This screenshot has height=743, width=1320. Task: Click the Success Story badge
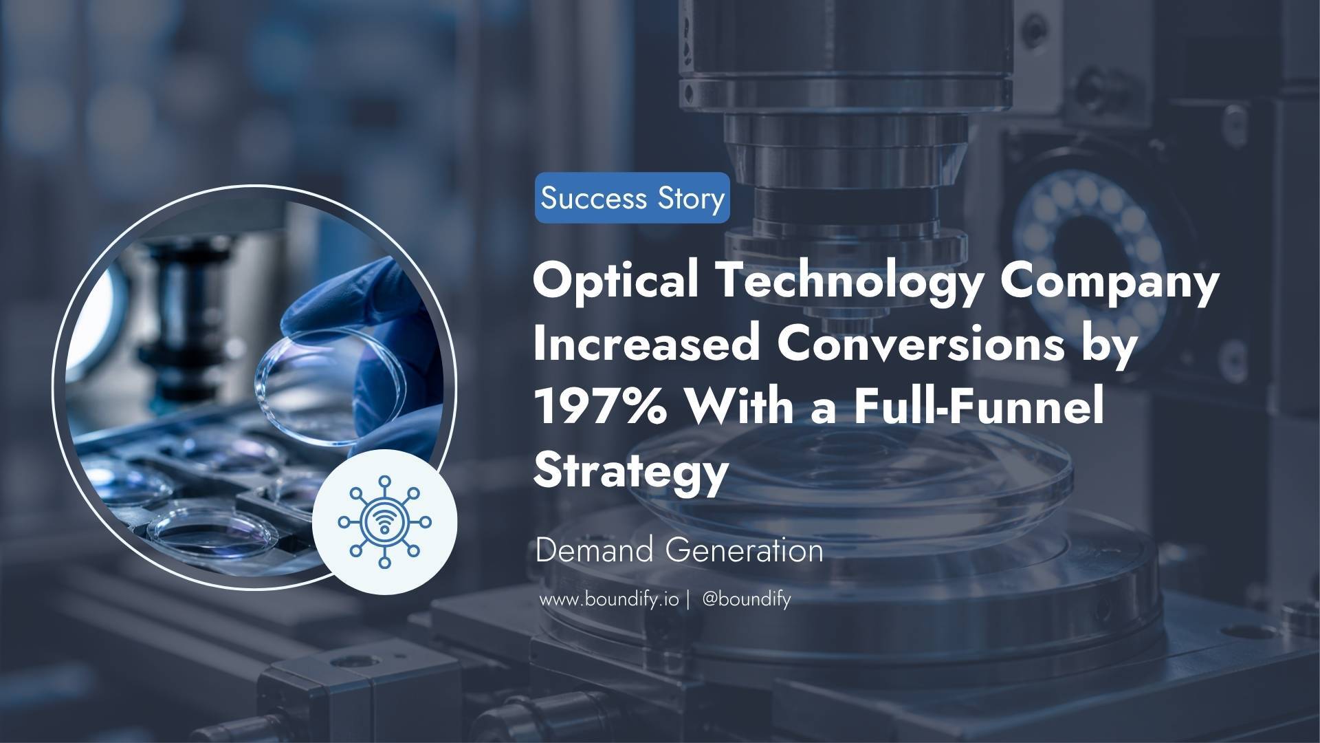click(x=632, y=198)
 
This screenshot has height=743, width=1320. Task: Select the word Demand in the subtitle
click(x=595, y=551)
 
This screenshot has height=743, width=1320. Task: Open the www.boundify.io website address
click(x=609, y=599)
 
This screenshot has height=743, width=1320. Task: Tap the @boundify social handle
click(x=747, y=599)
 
